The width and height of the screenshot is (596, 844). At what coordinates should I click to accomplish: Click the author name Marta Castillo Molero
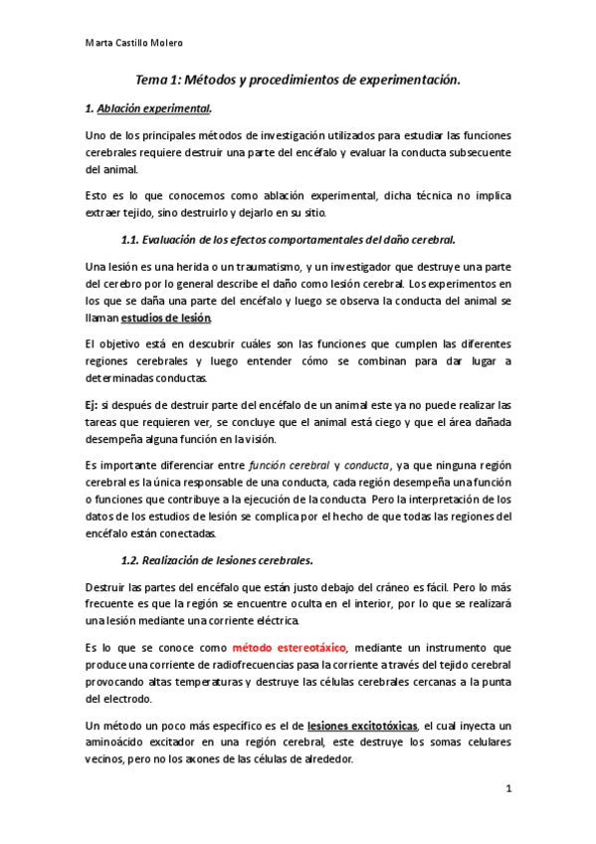[132, 43]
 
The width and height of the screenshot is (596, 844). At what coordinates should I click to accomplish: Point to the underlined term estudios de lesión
[165, 317]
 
